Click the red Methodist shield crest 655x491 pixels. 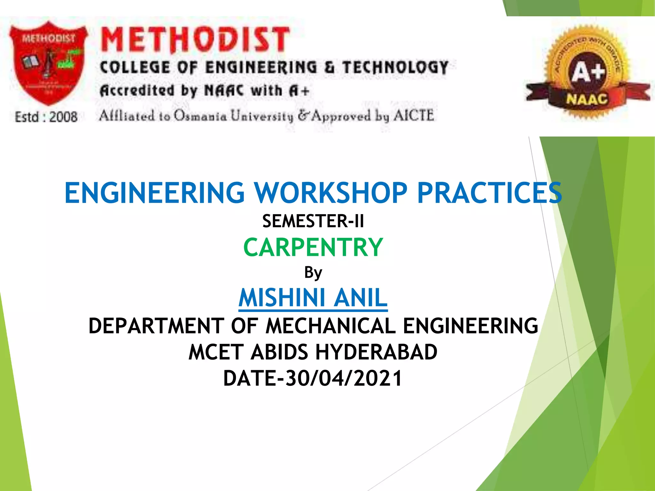48,62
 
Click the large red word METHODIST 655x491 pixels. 195,40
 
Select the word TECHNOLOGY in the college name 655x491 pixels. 395,68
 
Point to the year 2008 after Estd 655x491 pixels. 63,117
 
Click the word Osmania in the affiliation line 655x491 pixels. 200,116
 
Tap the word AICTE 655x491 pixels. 414,115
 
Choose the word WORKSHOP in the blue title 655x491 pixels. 331,193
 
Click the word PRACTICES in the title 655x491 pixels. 489,193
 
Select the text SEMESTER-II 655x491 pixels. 313,221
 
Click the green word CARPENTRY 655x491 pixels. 313,247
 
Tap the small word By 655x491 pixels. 313,273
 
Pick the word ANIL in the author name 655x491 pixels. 360,298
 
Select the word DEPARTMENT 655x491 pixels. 156,326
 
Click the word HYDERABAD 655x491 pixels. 376,352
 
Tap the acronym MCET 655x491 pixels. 216,352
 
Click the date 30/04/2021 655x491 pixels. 343,378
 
